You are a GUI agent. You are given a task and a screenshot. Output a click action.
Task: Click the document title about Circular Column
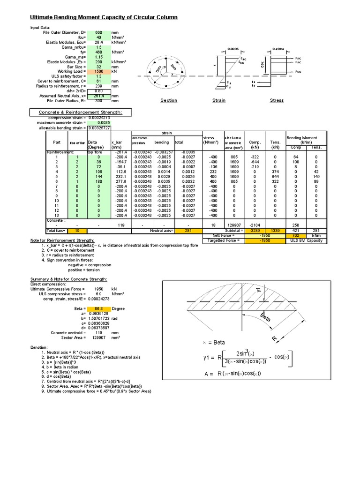pyautogui.click(x=104, y=17)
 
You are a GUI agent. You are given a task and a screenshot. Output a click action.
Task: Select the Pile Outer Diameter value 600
pyautogui.click(x=98, y=32)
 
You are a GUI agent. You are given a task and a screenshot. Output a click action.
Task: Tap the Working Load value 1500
pyautogui.click(x=98, y=71)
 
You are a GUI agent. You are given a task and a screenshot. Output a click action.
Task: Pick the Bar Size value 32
pyautogui.click(x=98, y=66)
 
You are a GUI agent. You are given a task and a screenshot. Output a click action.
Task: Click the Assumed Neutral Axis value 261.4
pyautogui.click(x=98, y=96)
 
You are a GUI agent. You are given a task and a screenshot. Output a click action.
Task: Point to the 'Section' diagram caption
pyautogui.click(x=169, y=100)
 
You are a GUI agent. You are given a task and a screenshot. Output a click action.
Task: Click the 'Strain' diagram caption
pyautogui.click(x=219, y=100)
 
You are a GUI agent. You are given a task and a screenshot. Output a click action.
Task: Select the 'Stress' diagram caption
pyautogui.click(x=277, y=100)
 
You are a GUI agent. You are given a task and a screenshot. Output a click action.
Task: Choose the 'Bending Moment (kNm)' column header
pyautogui.click(x=302, y=140)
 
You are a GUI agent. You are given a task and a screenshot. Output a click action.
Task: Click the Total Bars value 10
pyautogui.click(x=79, y=231)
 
